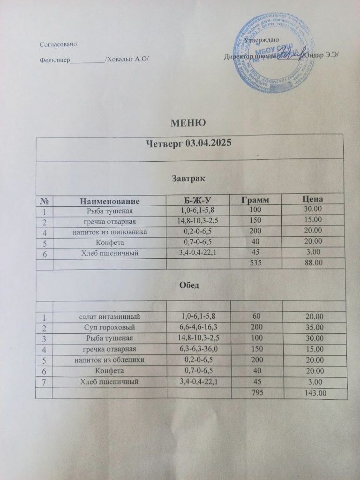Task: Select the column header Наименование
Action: pyautogui.click(x=111, y=201)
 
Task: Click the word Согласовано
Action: pyautogui.click(x=59, y=44)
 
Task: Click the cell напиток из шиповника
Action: pyautogui.click(x=111, y=232)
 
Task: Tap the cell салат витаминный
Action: pyautogui.click(x=111, y=317)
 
